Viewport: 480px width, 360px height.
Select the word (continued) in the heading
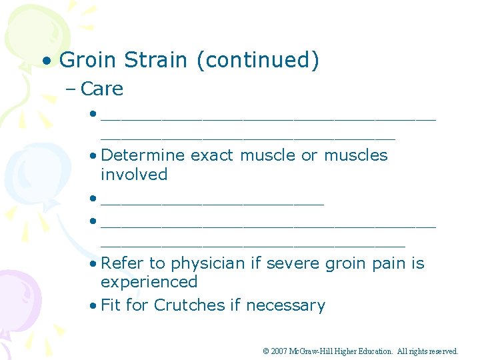tap(257, 61)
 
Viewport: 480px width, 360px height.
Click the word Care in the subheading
tap(102, 89)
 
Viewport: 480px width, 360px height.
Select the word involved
tap(134, 175)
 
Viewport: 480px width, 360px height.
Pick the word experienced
tap(149, 282)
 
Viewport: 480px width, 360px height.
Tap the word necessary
tap(285, 305)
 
